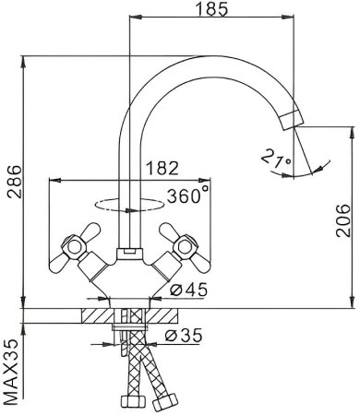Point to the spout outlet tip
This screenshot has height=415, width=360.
click(x=290, y=119)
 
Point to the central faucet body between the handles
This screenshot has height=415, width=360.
click(x=127, y=262)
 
